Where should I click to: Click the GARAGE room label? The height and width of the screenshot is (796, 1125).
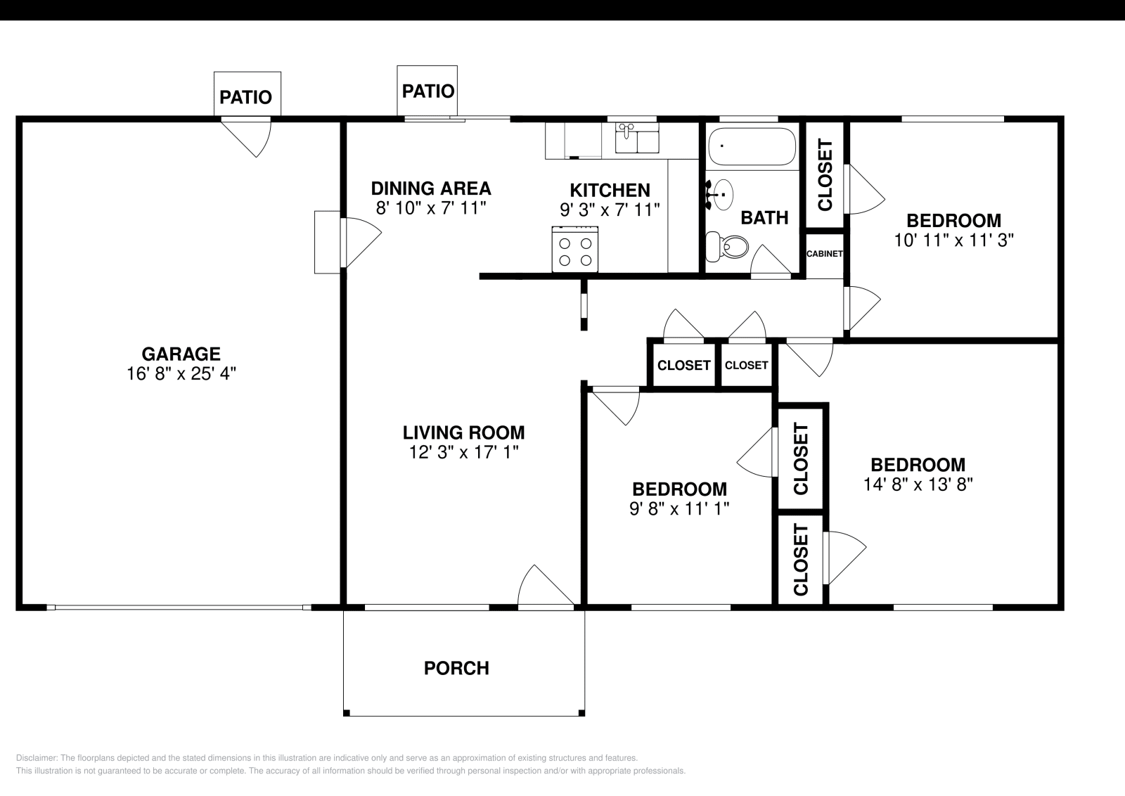click(x=181, y=354)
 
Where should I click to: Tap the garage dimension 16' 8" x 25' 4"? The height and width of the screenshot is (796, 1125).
click(x=181, y=373)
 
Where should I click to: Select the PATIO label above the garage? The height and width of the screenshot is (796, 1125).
click(x=246, y=97)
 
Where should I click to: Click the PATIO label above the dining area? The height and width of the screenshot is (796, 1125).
click(x=428, y=91)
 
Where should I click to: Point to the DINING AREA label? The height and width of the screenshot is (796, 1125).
click(x=431, y=188)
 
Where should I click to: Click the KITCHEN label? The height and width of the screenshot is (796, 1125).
click(x=610, y=191)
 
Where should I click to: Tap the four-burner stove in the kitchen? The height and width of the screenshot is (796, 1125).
click(x=575, y=250)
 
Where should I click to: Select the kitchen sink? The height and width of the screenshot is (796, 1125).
click(x=637, y=138)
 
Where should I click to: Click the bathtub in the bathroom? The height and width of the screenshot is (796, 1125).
click(x=752, y=146)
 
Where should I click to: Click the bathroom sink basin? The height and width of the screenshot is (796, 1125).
click(x=722, y=194)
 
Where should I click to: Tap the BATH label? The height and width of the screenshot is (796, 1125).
click(x=764, y=217)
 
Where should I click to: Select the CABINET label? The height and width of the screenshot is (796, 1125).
click(x=824, y=254)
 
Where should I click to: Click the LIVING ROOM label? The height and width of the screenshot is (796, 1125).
click(x=463, y=432)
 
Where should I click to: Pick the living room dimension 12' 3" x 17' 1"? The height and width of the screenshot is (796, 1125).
click(x=463, y=452)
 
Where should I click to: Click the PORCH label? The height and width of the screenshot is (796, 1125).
click(x=456, y=668)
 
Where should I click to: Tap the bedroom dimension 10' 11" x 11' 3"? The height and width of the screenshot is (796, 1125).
click(x=953, y=240)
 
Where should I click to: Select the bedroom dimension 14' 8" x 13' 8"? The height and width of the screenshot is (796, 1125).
click(x=918, y=484)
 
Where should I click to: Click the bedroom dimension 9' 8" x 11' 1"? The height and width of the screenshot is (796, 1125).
click(x=679, y=509)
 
